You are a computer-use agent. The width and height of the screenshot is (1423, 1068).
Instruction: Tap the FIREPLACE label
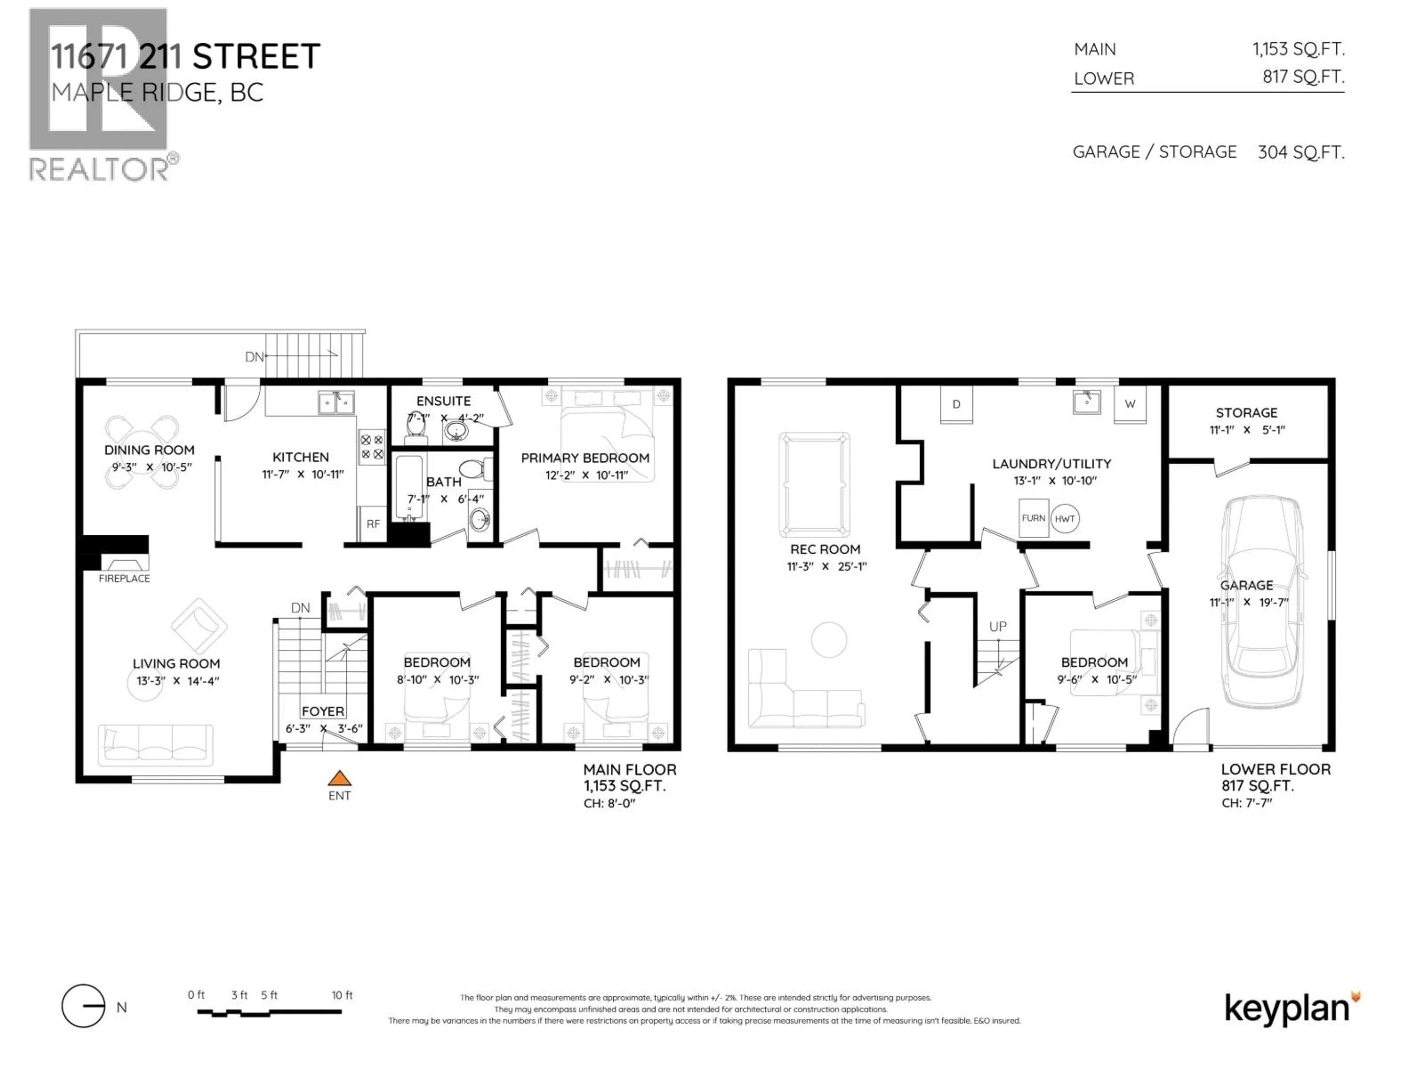tap(124, 578)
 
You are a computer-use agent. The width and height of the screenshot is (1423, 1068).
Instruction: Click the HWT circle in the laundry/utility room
tap(1065, 519)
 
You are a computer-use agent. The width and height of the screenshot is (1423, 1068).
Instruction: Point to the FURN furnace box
tap(1033, 518)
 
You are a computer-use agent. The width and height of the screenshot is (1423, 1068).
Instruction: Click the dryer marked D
tap(956, 404)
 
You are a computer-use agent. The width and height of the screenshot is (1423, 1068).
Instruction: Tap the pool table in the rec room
tap(814, 484)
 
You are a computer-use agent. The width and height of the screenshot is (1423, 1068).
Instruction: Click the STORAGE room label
tap(1246, 413)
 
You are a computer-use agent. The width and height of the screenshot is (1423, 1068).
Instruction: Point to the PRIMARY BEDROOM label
tap(585, 458)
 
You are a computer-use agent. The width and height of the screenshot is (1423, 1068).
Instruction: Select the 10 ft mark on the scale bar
tap(342, 995)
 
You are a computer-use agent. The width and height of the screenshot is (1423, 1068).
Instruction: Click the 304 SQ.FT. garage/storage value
tap(1301, 152)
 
